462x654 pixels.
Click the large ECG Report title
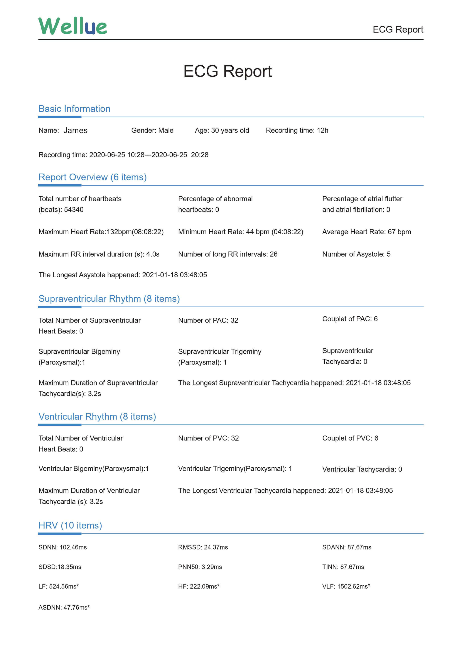coord(227,71)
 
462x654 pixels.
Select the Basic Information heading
coord(74,109)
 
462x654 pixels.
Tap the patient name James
coord(75,130)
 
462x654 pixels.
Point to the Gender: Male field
coord(152,130)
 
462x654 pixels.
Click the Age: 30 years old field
coord(222,130)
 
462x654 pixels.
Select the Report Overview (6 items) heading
coord(93,177)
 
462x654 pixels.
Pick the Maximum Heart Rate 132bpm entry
coord(101,232)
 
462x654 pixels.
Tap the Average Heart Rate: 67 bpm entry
coord(366,232)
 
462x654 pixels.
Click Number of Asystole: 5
coord(356,254)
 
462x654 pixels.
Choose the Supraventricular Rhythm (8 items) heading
coord(109,299)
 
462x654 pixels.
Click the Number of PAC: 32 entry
coord(208,320)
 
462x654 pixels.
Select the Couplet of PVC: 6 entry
coord(350,438)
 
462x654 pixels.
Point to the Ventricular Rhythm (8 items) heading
coord(97,417)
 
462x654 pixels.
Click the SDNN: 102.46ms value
coord(62,547)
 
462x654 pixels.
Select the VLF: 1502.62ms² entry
coord(346,586)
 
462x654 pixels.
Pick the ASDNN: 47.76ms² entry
coord(64,608)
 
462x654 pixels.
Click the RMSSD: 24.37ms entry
coord(203,547)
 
